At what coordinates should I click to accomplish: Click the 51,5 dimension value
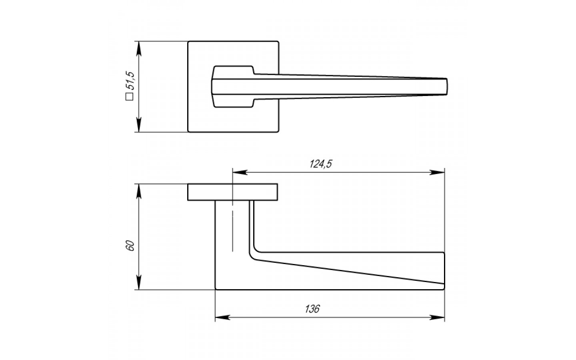(131, 80)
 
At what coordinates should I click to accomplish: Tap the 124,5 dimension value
(321, 164)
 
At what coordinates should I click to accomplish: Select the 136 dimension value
(312, 309)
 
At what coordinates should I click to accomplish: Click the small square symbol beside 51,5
(130, 97)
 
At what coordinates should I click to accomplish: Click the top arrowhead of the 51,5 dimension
(139, 49)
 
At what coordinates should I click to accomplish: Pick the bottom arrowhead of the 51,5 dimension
(139, 124)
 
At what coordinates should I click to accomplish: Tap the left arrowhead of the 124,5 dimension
(240, 172)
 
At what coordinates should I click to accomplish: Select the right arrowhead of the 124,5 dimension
(437, 172)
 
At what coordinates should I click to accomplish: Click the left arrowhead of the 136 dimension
(223, 318)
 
